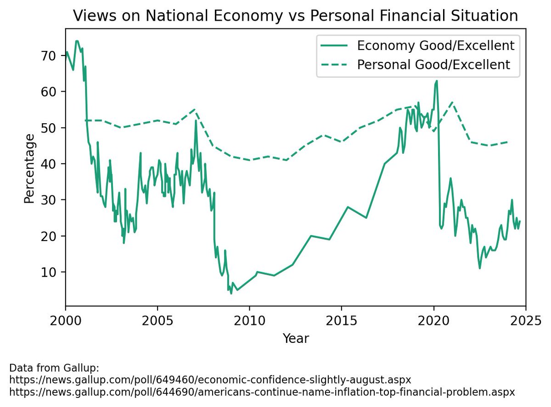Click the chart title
pyautogui.click(x=296, y=16)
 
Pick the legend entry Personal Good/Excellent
pyautogui.click(x=433, y=65)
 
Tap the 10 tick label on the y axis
pyautogui.click(x=51, y=272)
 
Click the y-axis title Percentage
pyautogui.click(x=29, y=168)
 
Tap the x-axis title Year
pyautogui.click(x=296, y=339)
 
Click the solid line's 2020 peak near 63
pyautogui.click(x=436, y=81)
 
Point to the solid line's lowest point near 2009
pyautogui.click(x=231, y=293)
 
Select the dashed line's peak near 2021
pyautogui.click(x=452, y=103)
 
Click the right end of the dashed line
pyautogui.click(x=507, y=142)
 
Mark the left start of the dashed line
pyautogui.click(x=85, y=121)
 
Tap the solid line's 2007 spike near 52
pyautogui.click(x=196, y=121)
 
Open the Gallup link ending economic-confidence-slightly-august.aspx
pyautogui.click(x=210, y=380)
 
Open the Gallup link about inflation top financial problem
pyautogui.click(x=262, y=392)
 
